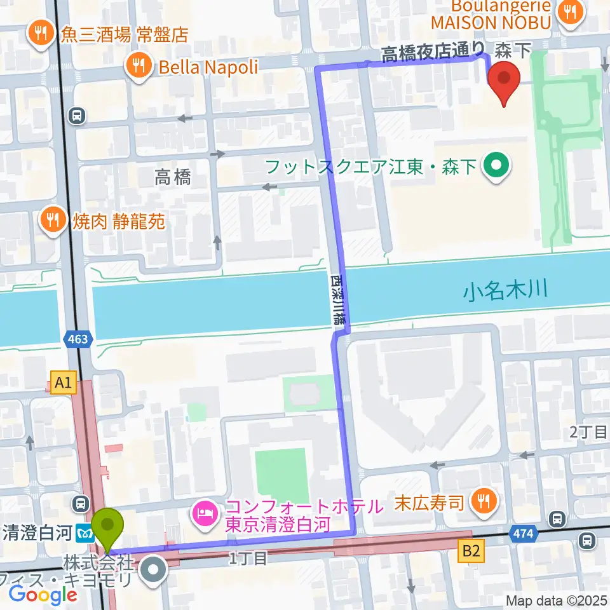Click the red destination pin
(505, 81)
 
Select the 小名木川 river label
(505, 292)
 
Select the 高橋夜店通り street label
(433, 54)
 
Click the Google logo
(43, 595)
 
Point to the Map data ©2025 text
(557, 600)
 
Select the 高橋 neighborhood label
(172, 179)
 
